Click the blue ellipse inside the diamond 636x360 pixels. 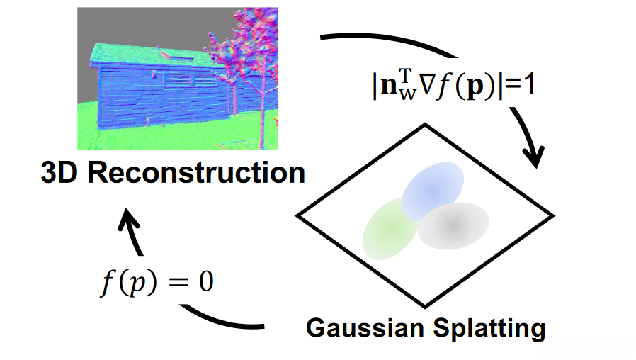point(433,188)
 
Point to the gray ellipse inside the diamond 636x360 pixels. point(453,225)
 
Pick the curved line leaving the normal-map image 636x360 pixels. point(390,45)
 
